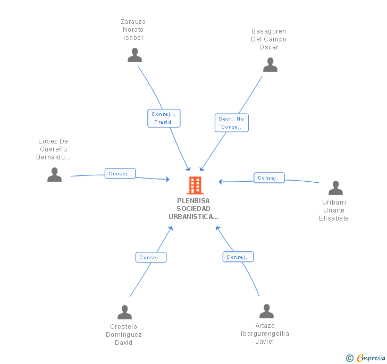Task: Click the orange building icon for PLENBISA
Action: (195, 185)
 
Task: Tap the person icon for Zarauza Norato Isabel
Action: (135, 55)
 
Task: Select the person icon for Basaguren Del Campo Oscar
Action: (270, 65)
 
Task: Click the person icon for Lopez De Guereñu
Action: (55, 175)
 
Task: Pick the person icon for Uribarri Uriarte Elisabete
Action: (335, 188)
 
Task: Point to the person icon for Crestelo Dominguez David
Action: (124, 312)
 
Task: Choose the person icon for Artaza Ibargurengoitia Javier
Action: (266, 311)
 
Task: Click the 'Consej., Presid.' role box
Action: (164, 118)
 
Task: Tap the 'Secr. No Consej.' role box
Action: (232, 123)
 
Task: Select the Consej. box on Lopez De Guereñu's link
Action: (120, 173)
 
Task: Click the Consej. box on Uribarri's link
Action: (269, 177)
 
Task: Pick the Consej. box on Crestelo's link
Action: (151, 257)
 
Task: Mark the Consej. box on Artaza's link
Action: (238, 257)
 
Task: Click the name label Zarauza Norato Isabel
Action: (133, 30)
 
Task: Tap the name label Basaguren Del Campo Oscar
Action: (268, 39)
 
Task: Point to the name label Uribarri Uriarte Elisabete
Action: (334, 210)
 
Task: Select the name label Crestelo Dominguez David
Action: (124, 335)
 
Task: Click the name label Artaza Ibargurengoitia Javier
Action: (265, 334)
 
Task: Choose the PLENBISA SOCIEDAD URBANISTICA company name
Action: (193, 209)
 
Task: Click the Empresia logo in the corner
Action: (366, 358)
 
